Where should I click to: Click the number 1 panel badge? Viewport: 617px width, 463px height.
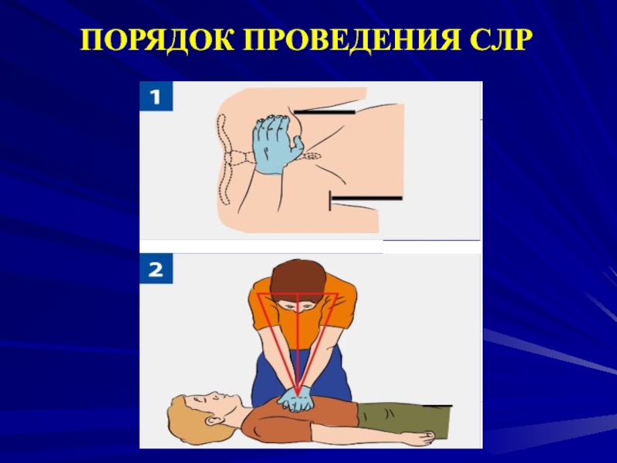(x=156, y=96)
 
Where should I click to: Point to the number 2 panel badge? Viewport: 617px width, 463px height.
(x=156, y=269)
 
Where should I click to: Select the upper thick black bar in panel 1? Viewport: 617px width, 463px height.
(x=324, y=112)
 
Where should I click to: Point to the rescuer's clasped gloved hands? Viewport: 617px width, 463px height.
(x=295, y=400)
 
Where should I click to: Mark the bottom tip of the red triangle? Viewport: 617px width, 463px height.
(x=298, y=395)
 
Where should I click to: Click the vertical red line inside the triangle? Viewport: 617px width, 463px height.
(x=298, y=343)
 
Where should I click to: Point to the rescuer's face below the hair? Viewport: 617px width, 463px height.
(x=298, y=306)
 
